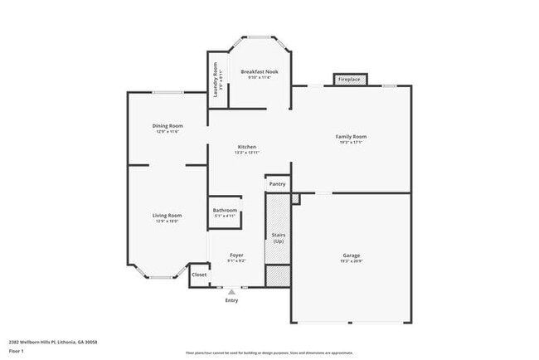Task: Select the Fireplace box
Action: point(349,80)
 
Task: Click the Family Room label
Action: point(351,137)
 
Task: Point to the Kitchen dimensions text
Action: point(247,153)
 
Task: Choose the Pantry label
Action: point(277,183)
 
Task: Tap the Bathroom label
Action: point(225,211)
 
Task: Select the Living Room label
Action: point(167,216)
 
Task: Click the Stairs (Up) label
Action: point(279,238)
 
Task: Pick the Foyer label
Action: point(236,255)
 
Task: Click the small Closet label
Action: point(200,275)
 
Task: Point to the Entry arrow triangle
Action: point(231,292)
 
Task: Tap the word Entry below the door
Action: point(231,300)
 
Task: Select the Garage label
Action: point(352,255)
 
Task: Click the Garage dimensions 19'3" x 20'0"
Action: point(352,261)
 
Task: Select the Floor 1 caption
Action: point(17,351)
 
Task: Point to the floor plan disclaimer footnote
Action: point(269,352)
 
